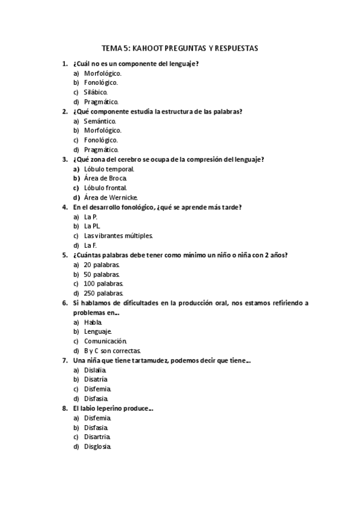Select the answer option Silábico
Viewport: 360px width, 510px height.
[96, 92]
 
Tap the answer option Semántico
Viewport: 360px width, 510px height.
[100, 120]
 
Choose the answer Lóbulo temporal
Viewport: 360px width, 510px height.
[109, 168]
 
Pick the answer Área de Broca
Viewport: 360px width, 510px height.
[105, 178]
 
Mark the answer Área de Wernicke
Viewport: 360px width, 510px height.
[111, 197]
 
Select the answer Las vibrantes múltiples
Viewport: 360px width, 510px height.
[118, 236]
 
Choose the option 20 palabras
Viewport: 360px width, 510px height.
[103, 265]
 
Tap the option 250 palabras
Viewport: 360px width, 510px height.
[104, 293]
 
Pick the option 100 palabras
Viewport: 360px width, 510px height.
[104, 283]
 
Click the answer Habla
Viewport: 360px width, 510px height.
[93, 322]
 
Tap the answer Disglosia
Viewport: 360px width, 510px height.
[98, 446]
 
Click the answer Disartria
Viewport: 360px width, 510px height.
[97, 437]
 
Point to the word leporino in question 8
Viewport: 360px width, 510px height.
[111, 408]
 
